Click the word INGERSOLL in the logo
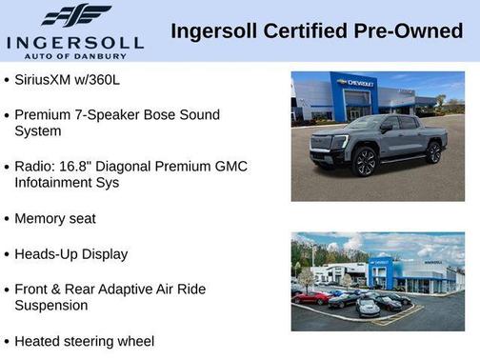pyautogui.click(x=74, y=42)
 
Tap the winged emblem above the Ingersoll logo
pyautogui.click(x=75, y=15)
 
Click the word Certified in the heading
pyautogui.click(x=292, y=30)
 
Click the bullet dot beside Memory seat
pyautogui.click(x=7, y=219)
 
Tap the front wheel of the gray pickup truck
pyautogui.click(x=366, y=162)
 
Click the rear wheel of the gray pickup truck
pyautogui.click(x=434, y=151)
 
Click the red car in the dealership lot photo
pyautogui.click(x=312, y=297)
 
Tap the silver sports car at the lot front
pyautogui.click(x=368, y=307)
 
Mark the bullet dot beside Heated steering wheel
pyautogui.click(x=7, y=341)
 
